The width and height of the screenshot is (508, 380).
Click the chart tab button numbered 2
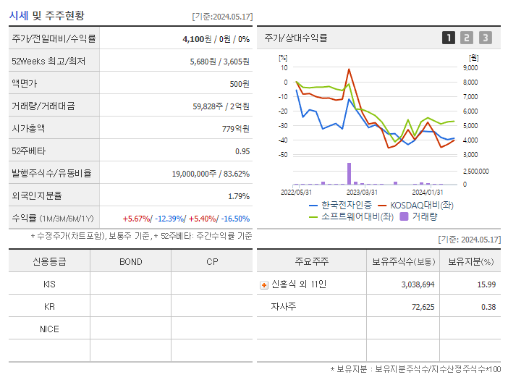(467, 38)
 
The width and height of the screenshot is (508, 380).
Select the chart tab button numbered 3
(485, 38)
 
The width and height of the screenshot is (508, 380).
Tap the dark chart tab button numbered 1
(449, 38)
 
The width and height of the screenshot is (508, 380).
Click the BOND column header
(130, 261)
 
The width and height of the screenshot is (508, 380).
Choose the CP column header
(211, 261)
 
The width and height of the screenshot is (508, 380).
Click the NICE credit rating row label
(49, 329)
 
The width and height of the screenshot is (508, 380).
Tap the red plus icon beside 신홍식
(263, 284)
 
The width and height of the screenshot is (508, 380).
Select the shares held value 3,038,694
(418, 284)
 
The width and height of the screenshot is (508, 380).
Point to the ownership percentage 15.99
(486, 284)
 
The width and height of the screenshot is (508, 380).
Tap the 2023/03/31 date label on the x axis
(362, 192)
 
